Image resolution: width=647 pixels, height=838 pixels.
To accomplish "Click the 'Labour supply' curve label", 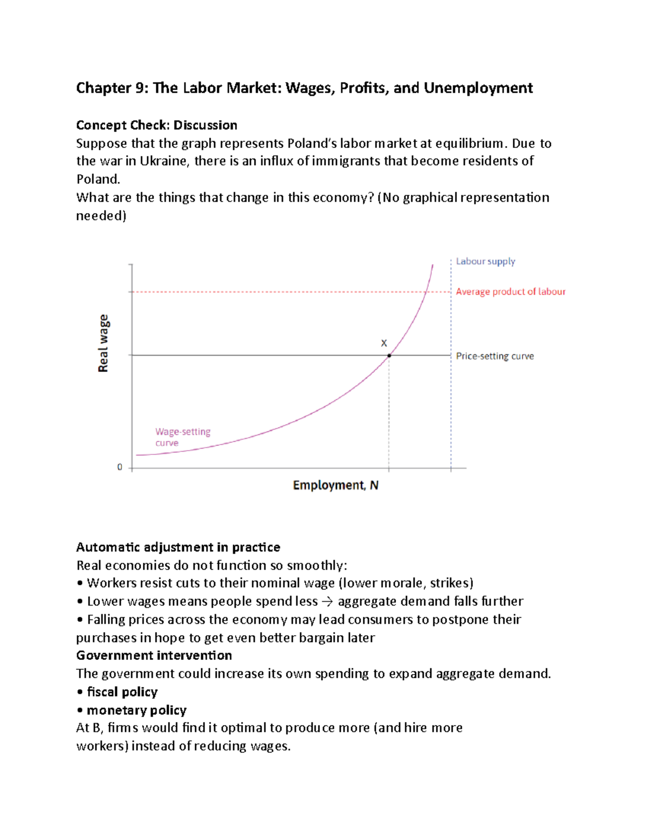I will [485, 262].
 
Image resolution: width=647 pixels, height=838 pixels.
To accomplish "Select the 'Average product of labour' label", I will [510, 292].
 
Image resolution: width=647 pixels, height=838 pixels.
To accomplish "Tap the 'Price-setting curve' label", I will [494, 356].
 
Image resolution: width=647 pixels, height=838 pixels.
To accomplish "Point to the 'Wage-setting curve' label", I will [182, 437].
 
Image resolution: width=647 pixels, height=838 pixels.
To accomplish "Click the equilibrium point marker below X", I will [389, 356].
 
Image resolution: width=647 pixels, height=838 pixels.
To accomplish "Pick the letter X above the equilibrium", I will [384, 343].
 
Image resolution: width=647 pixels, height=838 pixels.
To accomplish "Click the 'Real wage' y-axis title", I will [103, 343].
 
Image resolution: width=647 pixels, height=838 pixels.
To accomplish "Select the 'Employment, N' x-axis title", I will [335, 485].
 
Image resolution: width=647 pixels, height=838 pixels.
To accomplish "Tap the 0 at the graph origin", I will [120, 467].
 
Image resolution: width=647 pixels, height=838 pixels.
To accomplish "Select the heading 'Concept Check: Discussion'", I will [156, 125].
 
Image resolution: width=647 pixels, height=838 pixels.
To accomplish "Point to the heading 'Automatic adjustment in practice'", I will [178, 547].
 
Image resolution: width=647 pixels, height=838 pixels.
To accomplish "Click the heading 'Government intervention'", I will [154, 656].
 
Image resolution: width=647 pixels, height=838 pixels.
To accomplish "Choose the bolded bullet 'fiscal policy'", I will [122, 692].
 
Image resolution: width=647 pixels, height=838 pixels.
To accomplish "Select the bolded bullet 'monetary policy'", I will [136, 710].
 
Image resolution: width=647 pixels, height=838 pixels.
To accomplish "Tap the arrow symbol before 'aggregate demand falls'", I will [327, 602].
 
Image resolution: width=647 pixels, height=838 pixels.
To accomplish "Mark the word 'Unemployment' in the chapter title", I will [478, 88].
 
